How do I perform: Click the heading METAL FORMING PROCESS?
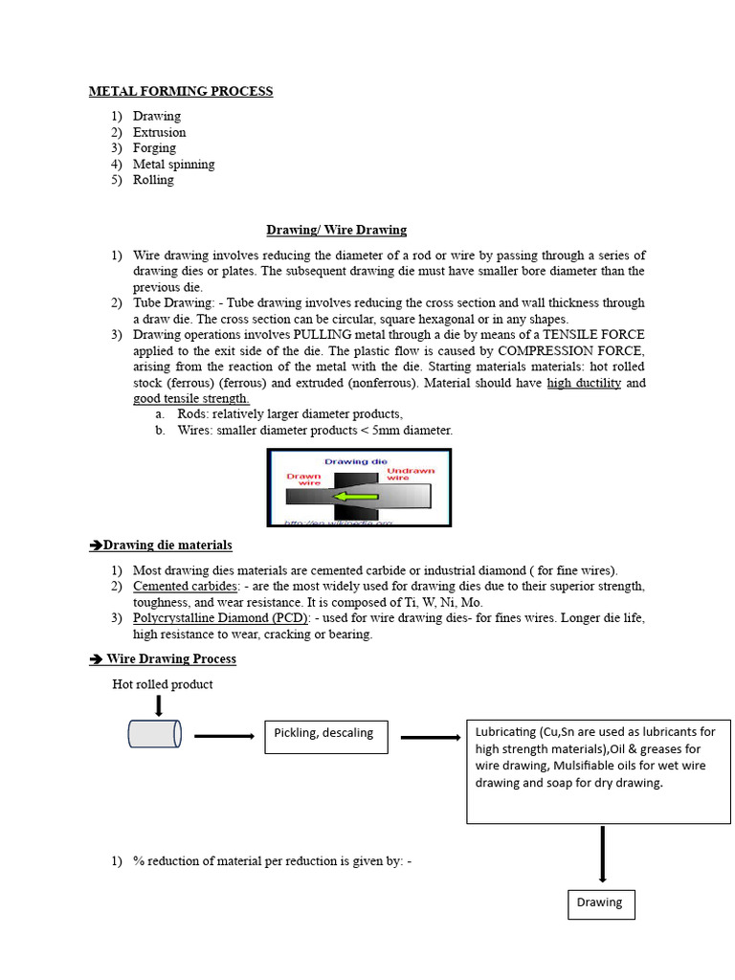pyautogui.click(x=181, y=92)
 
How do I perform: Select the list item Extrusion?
pyautogui.click(x=159, y=132)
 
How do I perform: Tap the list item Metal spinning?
pyautogui.click(x=173, y=164)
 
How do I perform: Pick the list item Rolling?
pyautogui.click(x=153, y=180)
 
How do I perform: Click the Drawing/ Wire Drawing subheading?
pyautogui.click(x=336, y=230)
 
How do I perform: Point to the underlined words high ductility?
pyautogui.click(x=584, y=383)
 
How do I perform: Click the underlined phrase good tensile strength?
pyautogui.click(x=190, y=399)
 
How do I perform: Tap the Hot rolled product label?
pyautogui.click(x=163, y=684)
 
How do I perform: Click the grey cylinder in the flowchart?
pyautogui.click(x=154, y=734)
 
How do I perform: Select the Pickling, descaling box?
pyautogui.click(x=325, y=735)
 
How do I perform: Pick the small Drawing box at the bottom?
pyautogui.click(x=600, y=902)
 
